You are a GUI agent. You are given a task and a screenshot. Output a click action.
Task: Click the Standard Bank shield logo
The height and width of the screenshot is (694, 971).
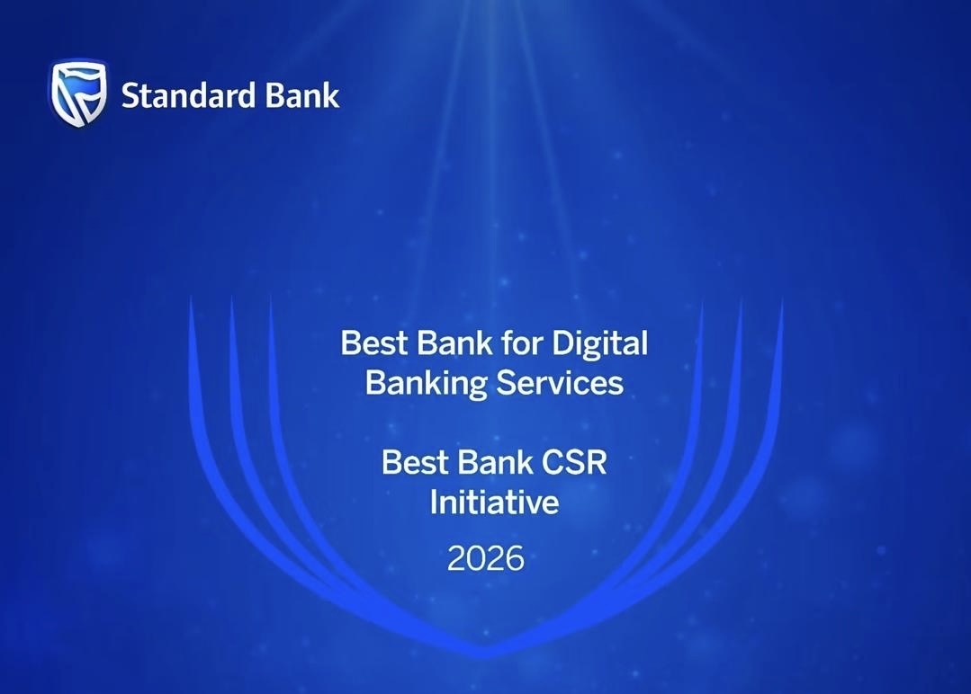click(x=78, y=93)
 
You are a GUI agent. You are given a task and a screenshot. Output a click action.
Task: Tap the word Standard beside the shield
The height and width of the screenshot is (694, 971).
click(x=188, y=96)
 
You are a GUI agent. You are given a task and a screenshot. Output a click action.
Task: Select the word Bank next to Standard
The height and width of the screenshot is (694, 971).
click(x=302, y=96)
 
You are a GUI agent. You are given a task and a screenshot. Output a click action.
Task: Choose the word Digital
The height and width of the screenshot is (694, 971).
click(x=599, y=344)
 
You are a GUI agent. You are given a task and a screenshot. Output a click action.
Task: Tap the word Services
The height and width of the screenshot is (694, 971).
click(x=561, y=383)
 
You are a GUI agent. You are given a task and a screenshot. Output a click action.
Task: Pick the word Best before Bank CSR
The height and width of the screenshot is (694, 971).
click(x=414, y=462)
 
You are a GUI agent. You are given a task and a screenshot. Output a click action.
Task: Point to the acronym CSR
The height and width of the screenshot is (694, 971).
click(x=575, y=462)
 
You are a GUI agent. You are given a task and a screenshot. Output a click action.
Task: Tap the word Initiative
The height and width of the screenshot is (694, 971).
click(x=494, y=502)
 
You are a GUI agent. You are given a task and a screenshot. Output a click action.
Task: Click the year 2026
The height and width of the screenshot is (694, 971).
click(x=486, y=558)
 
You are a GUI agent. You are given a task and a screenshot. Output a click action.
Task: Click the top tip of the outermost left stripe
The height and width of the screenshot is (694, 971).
click(x=191, y=298)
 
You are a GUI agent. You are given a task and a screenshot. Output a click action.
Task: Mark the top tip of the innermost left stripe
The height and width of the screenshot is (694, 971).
click(x=271, y=297)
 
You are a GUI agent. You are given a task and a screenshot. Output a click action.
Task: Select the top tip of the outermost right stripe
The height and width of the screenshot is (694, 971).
click(x=782, y=298)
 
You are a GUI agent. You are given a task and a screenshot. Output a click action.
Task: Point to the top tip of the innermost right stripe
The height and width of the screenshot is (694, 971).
click(x=702, y=301)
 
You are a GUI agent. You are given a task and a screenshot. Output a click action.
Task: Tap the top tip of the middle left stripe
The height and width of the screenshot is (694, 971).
click(x=231, y=297)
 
